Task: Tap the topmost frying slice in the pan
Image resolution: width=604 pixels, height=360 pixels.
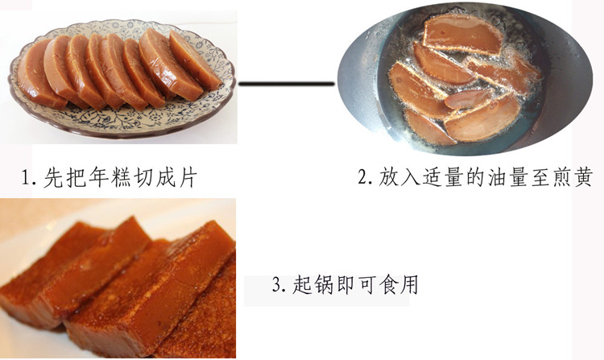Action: pos(462,34)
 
